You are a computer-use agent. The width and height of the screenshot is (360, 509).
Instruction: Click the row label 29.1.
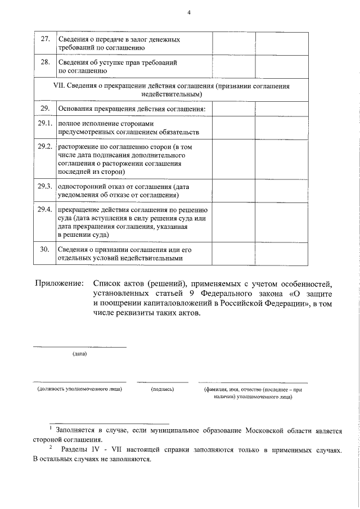coord(45,123)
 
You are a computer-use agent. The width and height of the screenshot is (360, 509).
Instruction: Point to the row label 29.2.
coord(45,146)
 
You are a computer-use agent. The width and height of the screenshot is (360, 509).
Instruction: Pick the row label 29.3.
coord(45,186)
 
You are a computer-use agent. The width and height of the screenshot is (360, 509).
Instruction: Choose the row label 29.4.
coord(45,209)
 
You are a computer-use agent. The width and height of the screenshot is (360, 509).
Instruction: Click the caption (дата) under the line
coord(79,354)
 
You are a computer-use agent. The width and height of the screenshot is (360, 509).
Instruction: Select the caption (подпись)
coord(163,389)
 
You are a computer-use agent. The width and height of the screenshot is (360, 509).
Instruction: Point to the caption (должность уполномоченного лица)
coord(79,389)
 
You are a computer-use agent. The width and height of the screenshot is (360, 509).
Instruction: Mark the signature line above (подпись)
coord(163,382)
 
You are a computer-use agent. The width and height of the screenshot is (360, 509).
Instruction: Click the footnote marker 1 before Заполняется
coord(51,429)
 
